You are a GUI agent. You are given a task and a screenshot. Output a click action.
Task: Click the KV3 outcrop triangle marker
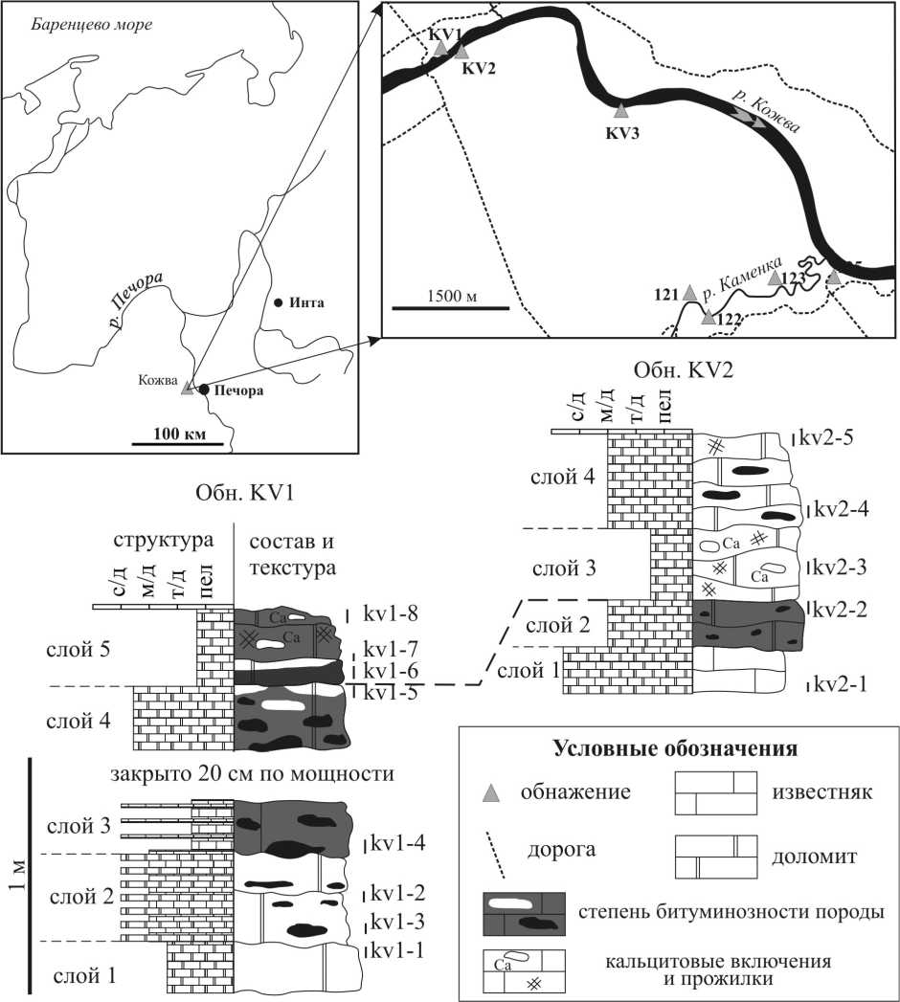[x=620, y=111]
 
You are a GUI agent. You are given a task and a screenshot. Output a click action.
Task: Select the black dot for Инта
[x=278, y=303]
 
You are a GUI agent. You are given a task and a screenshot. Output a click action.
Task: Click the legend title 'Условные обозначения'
[x=676, y=747]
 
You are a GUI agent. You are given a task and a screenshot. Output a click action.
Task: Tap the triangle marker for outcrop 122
[x=708, y=317]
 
